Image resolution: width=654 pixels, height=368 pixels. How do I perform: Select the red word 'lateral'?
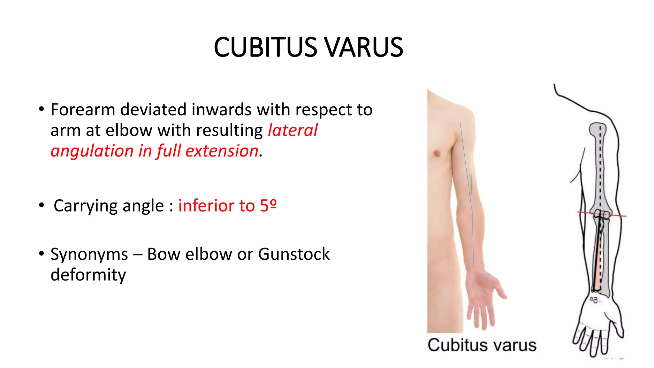point(293,130)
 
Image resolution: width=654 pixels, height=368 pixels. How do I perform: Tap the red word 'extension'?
point(222,151)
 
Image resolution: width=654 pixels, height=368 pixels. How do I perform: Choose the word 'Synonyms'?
point(89,254)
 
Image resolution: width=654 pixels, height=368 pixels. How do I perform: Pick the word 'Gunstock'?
point(294,254)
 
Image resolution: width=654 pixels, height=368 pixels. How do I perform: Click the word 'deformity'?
point(88,275)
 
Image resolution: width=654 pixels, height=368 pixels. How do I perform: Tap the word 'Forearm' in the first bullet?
point(83,110)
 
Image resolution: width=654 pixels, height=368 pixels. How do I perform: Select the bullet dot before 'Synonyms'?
point(41,254)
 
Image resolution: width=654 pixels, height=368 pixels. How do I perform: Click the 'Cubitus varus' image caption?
point(482,345)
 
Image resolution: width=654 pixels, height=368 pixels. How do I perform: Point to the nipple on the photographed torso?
point(437,154)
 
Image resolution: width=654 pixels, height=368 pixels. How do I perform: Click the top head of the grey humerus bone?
point(597,129)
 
